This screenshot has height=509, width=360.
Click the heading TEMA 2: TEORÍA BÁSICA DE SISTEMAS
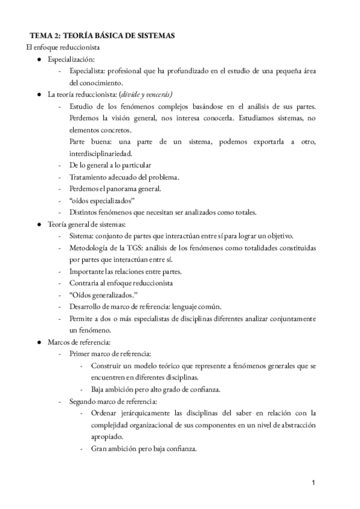[x=103, y=36]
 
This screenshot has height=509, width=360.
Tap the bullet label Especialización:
[x=71, y=59]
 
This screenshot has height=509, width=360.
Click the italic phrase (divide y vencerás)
[x=146, y=94]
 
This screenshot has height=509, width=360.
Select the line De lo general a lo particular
[x=110, y=165]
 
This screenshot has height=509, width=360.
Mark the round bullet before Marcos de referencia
[x=40, y=342]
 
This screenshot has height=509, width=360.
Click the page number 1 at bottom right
[x=313, y=482]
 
